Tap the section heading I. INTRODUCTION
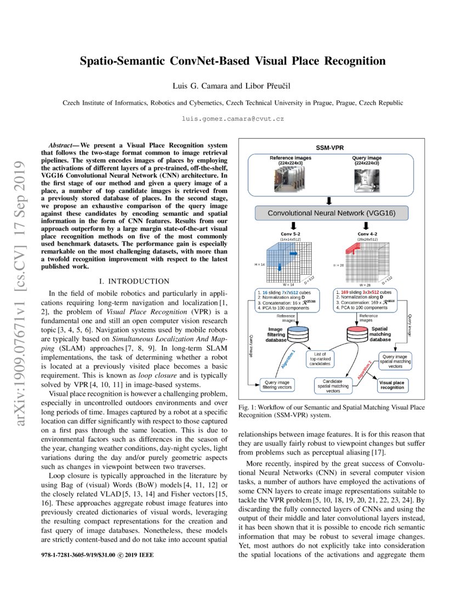point(134,281)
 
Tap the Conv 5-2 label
point(291,234)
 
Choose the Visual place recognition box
point(391,384)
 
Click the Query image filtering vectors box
point(278,384)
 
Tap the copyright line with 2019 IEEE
point(98,555)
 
